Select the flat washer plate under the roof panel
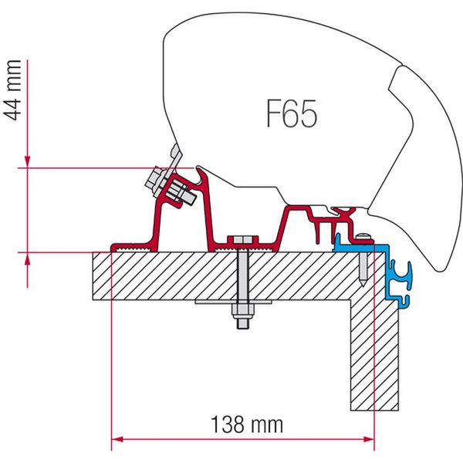(244, 302)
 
